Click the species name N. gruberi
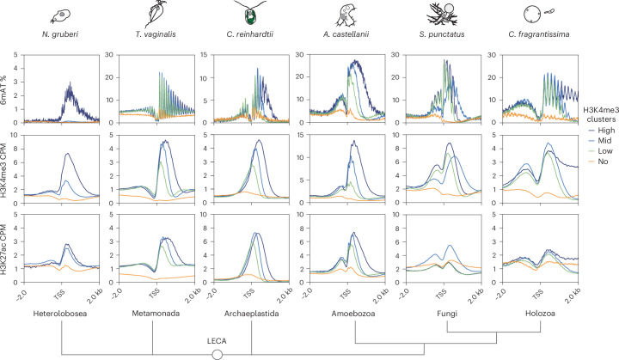coord(60,34)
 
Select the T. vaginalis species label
coord(156,34)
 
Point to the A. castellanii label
coord(346,34)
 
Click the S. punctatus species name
coord(442,34)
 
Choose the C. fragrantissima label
coord(539,34)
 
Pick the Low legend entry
coord(600,151)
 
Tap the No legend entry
coord(598,161)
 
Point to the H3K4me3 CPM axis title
coord(4,169)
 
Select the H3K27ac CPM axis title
coord(4,248)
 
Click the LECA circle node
coord(218,355)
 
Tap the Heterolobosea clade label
coord(60,314)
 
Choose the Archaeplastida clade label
coord(251,314)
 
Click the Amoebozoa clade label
coord(353,314)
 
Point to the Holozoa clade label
coord(540,314)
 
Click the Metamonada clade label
coord(156,314)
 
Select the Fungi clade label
coord(447,314)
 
